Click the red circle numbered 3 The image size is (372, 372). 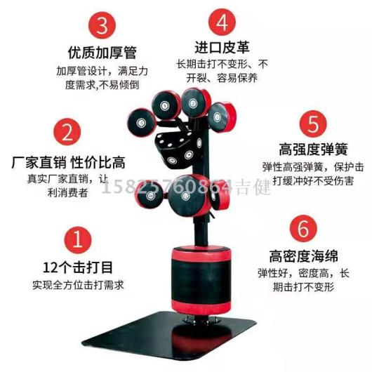pos(102,25)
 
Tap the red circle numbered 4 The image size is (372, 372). pos(222,22)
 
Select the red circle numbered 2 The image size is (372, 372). pos(67,132)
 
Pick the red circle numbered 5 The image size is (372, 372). pos(313,124)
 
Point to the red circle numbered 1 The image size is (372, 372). pos(77,240)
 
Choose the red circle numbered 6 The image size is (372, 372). pos(303,229)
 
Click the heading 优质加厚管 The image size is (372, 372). pos(102,53)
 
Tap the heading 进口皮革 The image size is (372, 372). pos(222,47)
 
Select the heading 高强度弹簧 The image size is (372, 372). pos(313,150)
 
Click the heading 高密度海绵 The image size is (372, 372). pos(303,256)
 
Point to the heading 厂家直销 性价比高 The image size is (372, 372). pos(68,162)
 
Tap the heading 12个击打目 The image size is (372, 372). pos(78,267)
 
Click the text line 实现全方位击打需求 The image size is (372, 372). pos(78,285)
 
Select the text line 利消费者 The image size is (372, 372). pos(67,192)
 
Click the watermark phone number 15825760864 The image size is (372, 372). pos(167,187)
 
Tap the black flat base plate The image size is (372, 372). pos(169,335)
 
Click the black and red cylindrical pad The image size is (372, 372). pos(201,280)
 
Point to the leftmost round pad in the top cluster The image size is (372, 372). pos(142,122)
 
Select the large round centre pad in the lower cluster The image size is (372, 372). pos(187,195)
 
